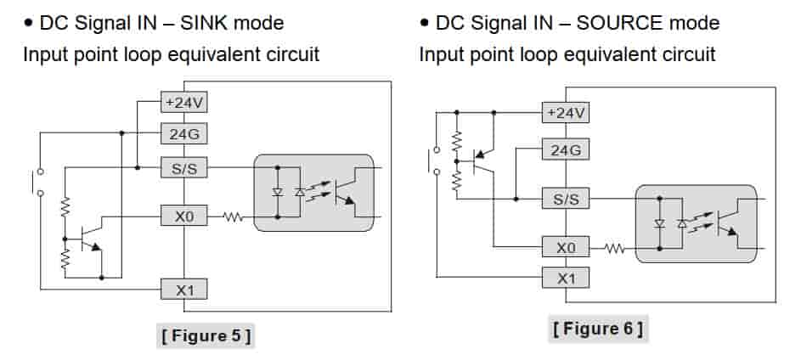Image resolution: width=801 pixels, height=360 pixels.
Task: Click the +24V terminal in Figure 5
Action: (184, 103)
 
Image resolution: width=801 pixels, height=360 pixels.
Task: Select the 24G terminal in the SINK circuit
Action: (184, 133)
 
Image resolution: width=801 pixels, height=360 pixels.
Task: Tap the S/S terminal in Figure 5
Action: (184, 167)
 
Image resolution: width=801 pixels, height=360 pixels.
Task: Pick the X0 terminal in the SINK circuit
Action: (184, 217)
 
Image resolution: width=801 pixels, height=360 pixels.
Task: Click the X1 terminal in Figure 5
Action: (184, 290)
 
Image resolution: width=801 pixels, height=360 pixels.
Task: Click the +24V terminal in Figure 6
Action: (566, 112)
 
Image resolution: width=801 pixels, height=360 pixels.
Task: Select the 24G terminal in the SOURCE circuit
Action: (566, 150)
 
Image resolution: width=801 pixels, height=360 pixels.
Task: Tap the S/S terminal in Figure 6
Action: (566, 200)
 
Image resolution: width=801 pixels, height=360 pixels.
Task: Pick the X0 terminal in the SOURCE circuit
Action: (566, 248)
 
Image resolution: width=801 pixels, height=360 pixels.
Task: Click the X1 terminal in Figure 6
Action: (566, 278)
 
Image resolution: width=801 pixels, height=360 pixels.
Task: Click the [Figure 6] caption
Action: (597, 327)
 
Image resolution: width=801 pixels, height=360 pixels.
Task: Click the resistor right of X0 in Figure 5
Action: (234, 217)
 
